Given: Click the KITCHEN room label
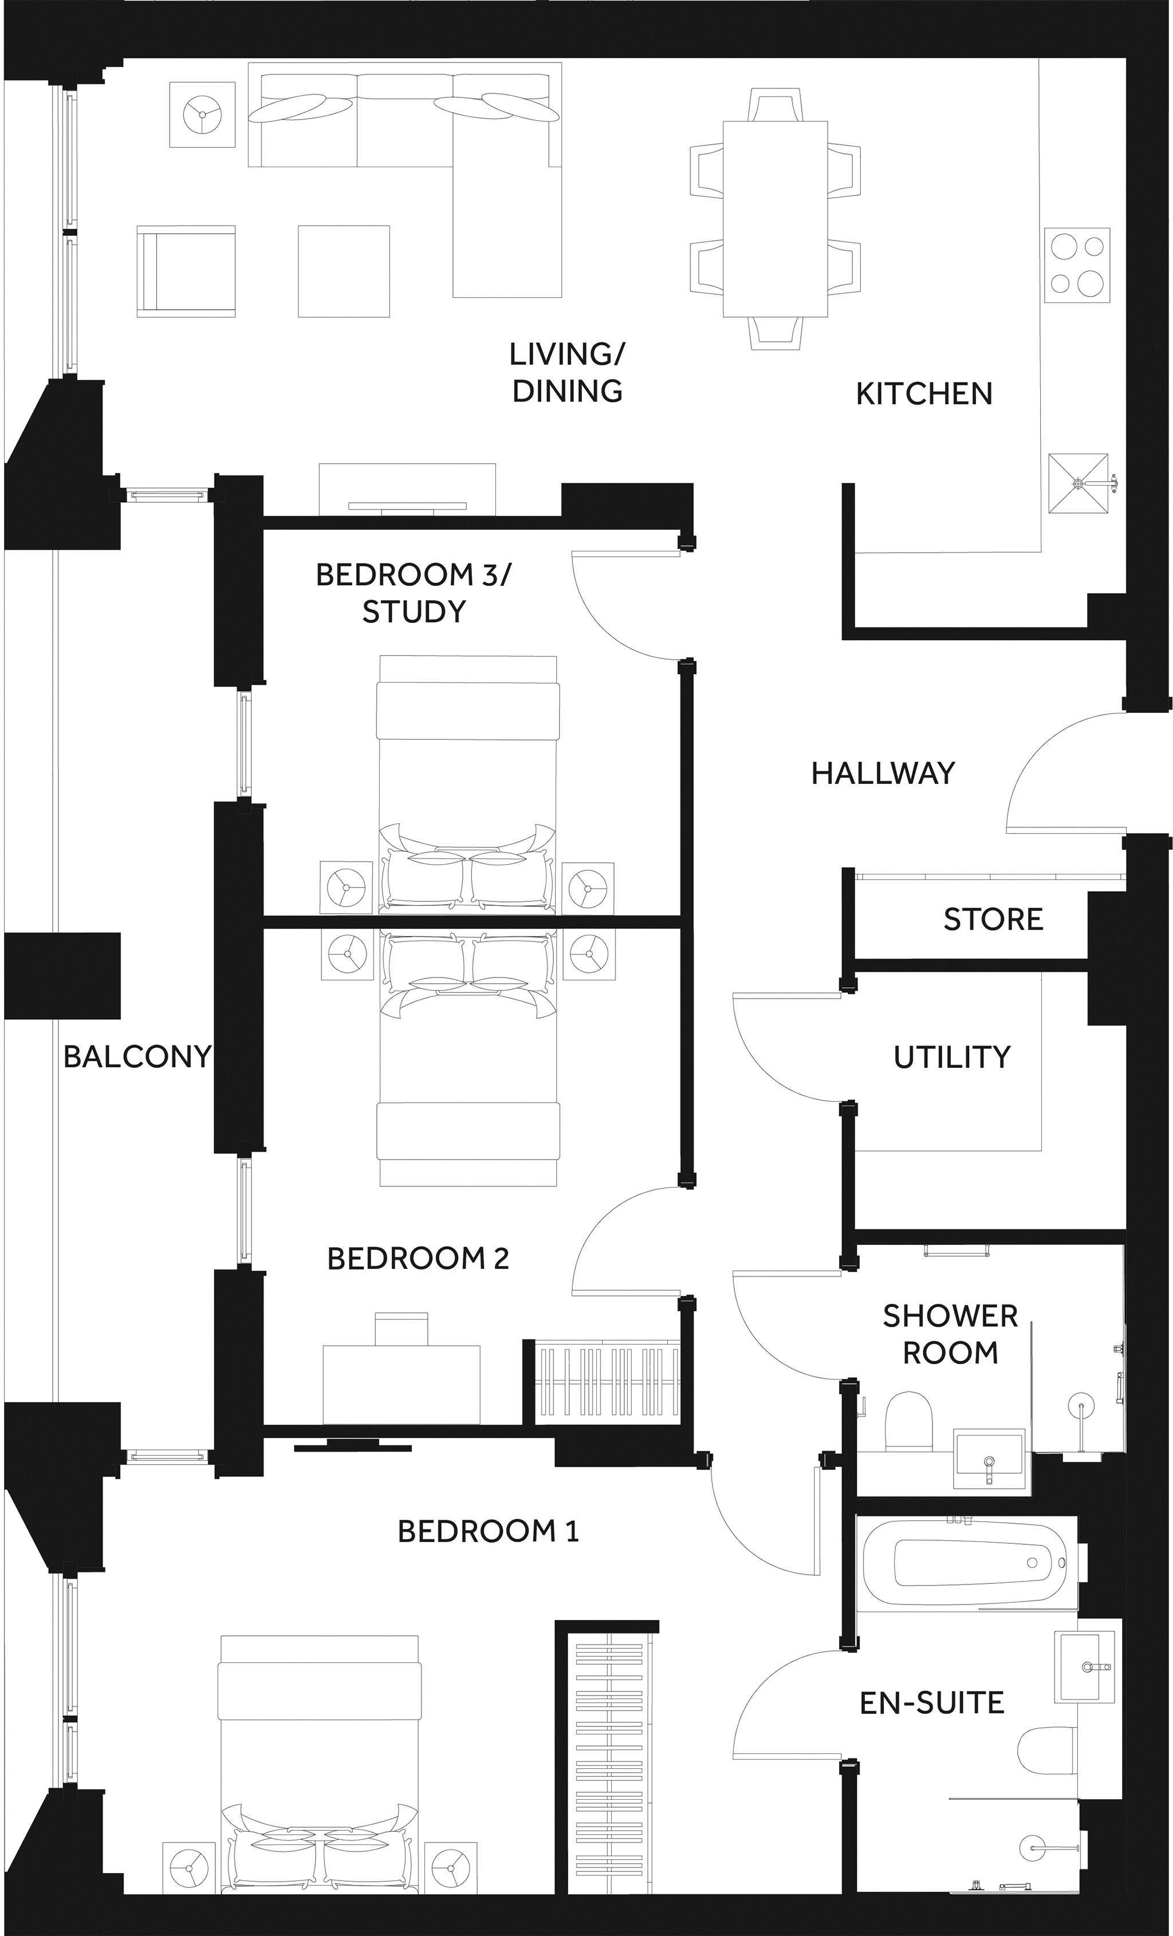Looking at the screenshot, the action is pyautogui.click(x=924, y=393).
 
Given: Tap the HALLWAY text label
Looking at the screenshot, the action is pyautogui.click(x=883, y=773).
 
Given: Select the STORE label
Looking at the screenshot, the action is pyautogui.click(x=993, y=918).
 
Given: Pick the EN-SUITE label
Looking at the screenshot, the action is pyautogui.click(x=932, y=1702).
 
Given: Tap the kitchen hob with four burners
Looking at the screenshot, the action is pyautogui.click(x=1077, y=265).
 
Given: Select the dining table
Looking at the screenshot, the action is pyautogui.click(x=775, y=218).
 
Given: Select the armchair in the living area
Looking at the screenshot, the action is pyautogui.click(x=186, y=271).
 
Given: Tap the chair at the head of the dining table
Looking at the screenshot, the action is pyautogui.click(x=776, y=104).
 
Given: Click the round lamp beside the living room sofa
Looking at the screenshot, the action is pyautogui.click(x=203, y=114).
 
